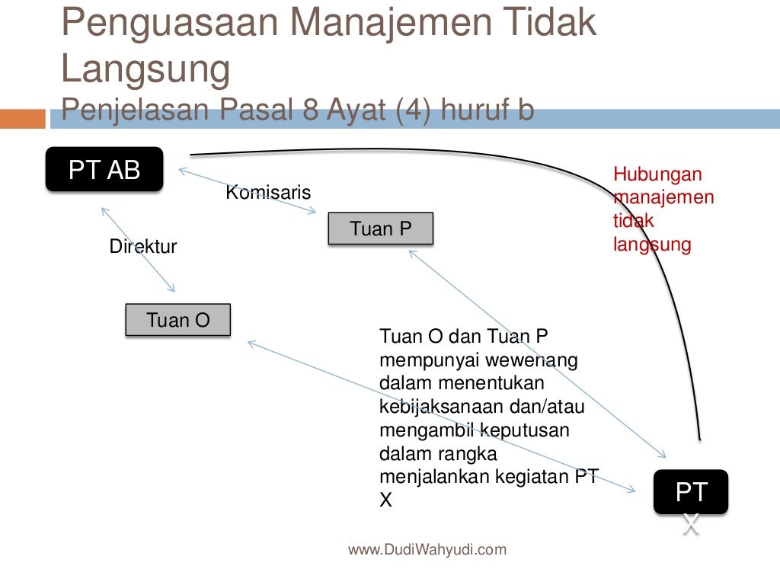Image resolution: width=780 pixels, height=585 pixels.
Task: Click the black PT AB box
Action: click(x=104, y=169)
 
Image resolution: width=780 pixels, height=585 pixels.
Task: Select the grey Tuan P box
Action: click(x=380, y=229)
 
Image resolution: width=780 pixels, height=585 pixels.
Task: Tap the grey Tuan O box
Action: click(x=177, y=320)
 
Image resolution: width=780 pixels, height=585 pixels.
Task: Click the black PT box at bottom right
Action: click(x=691, y=491)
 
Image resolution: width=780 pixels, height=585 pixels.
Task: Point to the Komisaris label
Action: click(x=268, y=193)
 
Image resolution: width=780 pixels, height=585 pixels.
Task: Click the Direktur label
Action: click(x=143, y=247)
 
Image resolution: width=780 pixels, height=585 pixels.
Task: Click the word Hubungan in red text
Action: click(x=657, y=174)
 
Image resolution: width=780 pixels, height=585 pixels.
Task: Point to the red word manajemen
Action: click(x=663, y=198)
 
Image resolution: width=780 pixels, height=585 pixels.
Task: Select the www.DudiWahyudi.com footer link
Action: click(x=427, y=549)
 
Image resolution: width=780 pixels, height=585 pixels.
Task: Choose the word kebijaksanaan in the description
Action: click(x=442, y=406)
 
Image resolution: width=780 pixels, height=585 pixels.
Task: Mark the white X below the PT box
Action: click(x=691, y=524)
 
